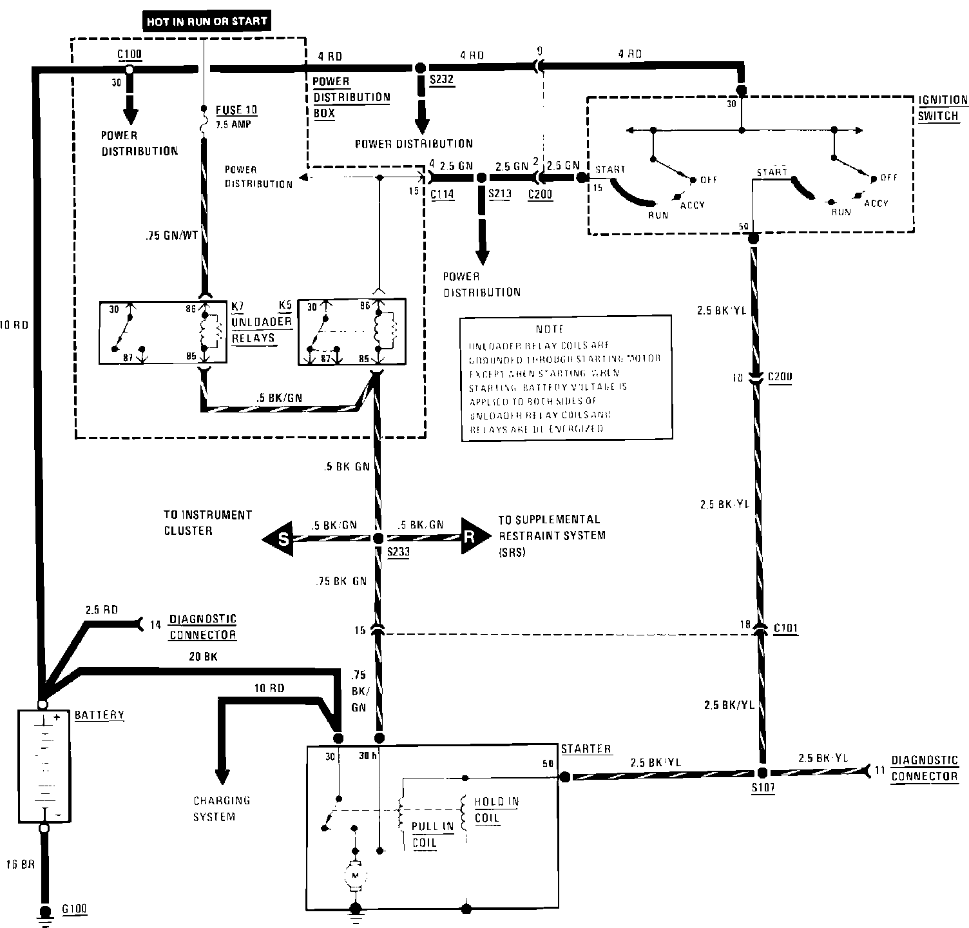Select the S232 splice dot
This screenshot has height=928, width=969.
point(419,67)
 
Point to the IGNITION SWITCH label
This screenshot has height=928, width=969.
point(943,108)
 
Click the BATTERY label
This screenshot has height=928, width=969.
point(99,715)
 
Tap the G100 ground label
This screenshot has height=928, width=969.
point(73,909)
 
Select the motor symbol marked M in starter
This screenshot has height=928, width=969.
point(354,875)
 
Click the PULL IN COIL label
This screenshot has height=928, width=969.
point(432,834)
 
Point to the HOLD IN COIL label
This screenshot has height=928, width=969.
point(496,809)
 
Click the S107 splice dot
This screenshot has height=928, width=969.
point(762,773)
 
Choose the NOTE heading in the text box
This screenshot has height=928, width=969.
point(550,329)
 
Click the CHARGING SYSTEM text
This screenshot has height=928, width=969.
point(222,808)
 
